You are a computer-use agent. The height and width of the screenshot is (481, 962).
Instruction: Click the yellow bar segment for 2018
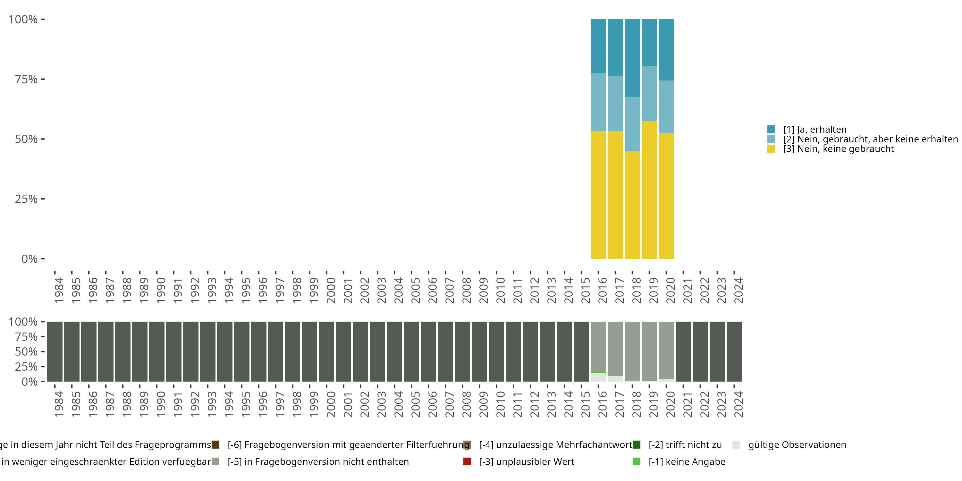tap(632, 205)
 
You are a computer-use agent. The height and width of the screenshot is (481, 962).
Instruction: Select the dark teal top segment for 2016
tap(598, 46)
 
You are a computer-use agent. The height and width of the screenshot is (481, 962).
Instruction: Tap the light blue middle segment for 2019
tap(649, 93)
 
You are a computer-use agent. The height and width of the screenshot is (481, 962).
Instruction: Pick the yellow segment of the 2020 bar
tap(666, 196)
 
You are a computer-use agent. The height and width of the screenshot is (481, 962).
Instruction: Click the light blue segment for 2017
tap(615, 104)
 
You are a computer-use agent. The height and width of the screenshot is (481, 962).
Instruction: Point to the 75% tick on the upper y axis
tap(43, 79)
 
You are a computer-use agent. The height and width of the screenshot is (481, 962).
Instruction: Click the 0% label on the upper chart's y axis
tap(30, 259)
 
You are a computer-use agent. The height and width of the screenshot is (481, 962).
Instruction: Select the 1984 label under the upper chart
tap(59, 290)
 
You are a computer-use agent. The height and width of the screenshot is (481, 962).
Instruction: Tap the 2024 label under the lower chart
tap(738, 404)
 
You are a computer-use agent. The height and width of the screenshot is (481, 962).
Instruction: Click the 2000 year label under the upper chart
tap(331, 290)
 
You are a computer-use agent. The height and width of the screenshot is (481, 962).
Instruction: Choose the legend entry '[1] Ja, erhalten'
tap(814, 130)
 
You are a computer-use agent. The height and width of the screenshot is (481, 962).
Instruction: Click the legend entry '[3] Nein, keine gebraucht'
tap(839, 149)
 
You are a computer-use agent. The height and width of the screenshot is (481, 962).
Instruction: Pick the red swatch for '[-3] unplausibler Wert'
tap(467, 461)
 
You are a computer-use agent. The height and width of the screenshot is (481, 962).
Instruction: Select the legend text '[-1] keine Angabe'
tap(687, 461)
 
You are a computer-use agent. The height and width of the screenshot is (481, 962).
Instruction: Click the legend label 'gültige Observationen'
tap(797, 445)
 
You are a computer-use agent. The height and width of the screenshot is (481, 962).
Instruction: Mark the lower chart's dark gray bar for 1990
tap(157, 351)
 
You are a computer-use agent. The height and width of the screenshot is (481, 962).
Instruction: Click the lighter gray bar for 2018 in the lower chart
tap(632, 351)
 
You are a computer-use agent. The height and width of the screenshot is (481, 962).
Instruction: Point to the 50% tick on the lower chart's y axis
tap(43, 351)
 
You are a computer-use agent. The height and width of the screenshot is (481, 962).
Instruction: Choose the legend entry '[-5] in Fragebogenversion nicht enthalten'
tap(318, 461)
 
